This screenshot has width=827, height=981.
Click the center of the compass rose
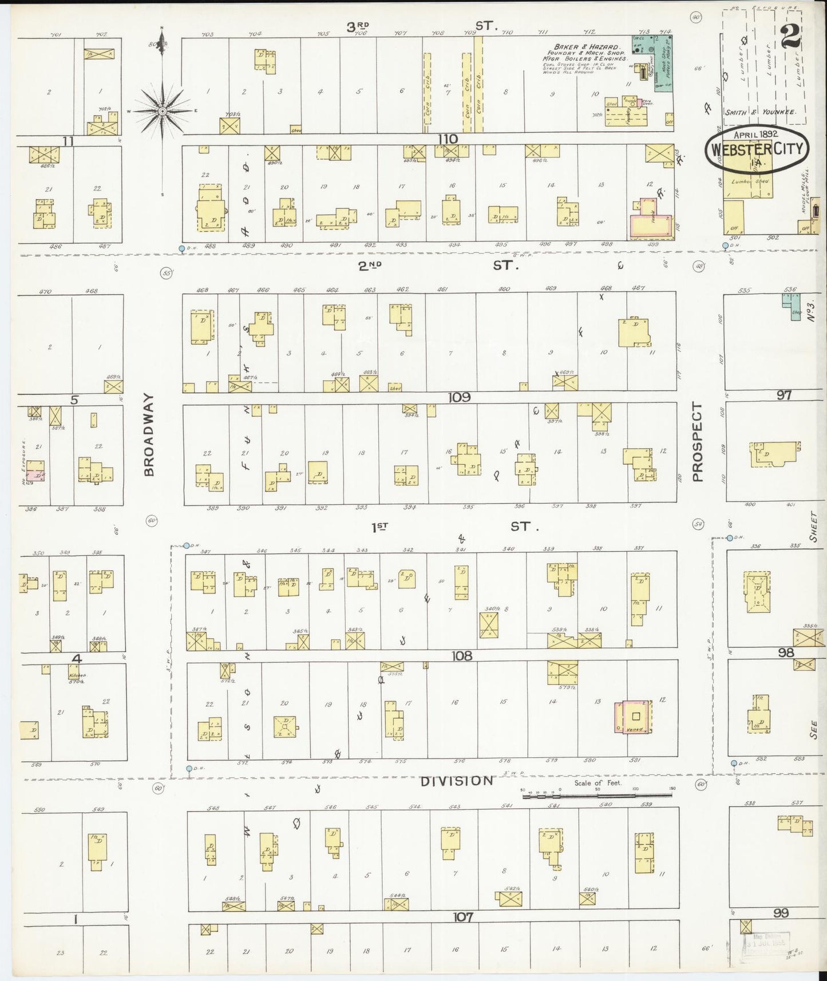click(163, 110)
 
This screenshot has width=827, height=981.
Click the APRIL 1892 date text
click(755, 133)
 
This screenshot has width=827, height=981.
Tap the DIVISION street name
click(456, 781)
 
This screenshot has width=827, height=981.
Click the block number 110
click(448, 139)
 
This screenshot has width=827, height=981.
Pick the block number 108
click(461, 656)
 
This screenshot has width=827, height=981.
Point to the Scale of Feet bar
click(597, 796)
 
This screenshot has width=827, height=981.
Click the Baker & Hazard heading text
click(585, 46)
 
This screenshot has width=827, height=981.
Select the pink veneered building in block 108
click(634, 717)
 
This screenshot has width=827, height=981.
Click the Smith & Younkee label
click(760, 112)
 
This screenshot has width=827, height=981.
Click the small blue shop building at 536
click(793, 306)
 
